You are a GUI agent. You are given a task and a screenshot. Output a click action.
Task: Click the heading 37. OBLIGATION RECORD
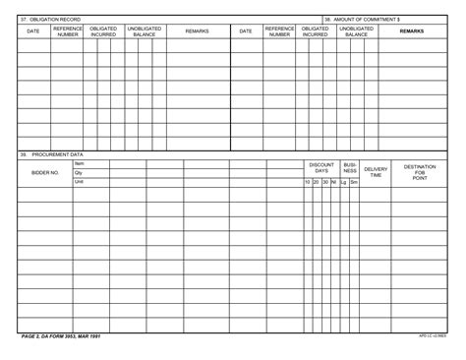point(46,19)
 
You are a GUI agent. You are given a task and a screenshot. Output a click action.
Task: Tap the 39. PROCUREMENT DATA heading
point(52,154)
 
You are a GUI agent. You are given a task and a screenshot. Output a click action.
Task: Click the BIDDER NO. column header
point(45,172)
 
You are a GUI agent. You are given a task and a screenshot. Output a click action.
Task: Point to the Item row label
point(80,163)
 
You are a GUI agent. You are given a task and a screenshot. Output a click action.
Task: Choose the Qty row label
point(79,172)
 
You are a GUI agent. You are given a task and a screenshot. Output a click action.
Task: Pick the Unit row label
point(80,182)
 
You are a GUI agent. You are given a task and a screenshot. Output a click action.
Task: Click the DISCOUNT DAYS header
point(321,168)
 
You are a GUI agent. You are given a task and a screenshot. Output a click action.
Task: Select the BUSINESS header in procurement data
point(350,168)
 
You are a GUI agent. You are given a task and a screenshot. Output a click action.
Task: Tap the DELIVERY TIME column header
point(377,172)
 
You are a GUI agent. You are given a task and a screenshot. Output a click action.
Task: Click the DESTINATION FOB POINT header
point(420,172)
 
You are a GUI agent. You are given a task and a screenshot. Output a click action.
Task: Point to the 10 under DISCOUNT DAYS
point(308,182)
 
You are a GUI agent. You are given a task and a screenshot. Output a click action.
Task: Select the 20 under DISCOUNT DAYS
point(317,182)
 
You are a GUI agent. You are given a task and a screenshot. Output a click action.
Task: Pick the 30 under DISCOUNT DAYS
point(325,182)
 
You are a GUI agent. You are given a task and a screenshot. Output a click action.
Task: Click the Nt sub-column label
point(334,182)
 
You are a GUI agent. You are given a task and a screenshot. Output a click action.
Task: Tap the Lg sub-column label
point(343,182)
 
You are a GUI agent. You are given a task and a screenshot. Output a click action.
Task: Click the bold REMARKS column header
point(412,31)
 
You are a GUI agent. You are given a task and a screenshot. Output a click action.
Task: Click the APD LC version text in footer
point(432,336)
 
